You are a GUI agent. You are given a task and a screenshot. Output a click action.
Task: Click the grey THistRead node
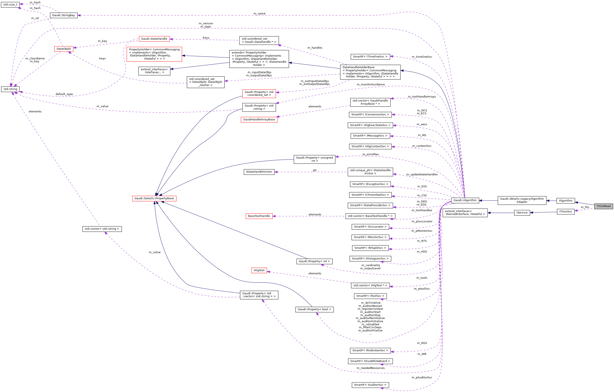[603, 206]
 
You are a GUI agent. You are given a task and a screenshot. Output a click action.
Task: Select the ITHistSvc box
[566, 211]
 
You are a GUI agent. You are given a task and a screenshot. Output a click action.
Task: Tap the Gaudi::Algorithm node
[465, 200]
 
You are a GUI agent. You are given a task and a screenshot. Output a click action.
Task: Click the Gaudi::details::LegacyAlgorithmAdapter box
[522, 200]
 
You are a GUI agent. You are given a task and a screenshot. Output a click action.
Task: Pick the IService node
[522, 212]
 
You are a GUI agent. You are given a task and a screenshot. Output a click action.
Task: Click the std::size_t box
[10, 5]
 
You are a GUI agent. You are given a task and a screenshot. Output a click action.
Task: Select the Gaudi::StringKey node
[63, 15]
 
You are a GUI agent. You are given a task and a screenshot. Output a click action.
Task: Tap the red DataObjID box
[63, 49]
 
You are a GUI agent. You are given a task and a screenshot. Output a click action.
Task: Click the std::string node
[10, 89]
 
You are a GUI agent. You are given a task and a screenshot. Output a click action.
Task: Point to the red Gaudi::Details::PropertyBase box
[154, 198]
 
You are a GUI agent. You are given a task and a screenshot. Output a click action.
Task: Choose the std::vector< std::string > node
[102, 229]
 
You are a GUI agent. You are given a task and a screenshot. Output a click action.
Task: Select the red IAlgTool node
[259, 270]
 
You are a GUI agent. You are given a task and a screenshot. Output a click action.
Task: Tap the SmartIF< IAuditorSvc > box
[370, 385]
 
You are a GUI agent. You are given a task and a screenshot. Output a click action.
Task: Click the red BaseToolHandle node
[259, 216]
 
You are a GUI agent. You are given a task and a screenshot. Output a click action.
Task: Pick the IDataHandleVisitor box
[259, 172]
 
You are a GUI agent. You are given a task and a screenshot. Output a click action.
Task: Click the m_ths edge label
[585, 207]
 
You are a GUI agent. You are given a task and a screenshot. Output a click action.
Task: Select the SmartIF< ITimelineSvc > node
[370, 57]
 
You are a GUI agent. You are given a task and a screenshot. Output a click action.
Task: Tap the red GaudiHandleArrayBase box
[259, 120]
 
